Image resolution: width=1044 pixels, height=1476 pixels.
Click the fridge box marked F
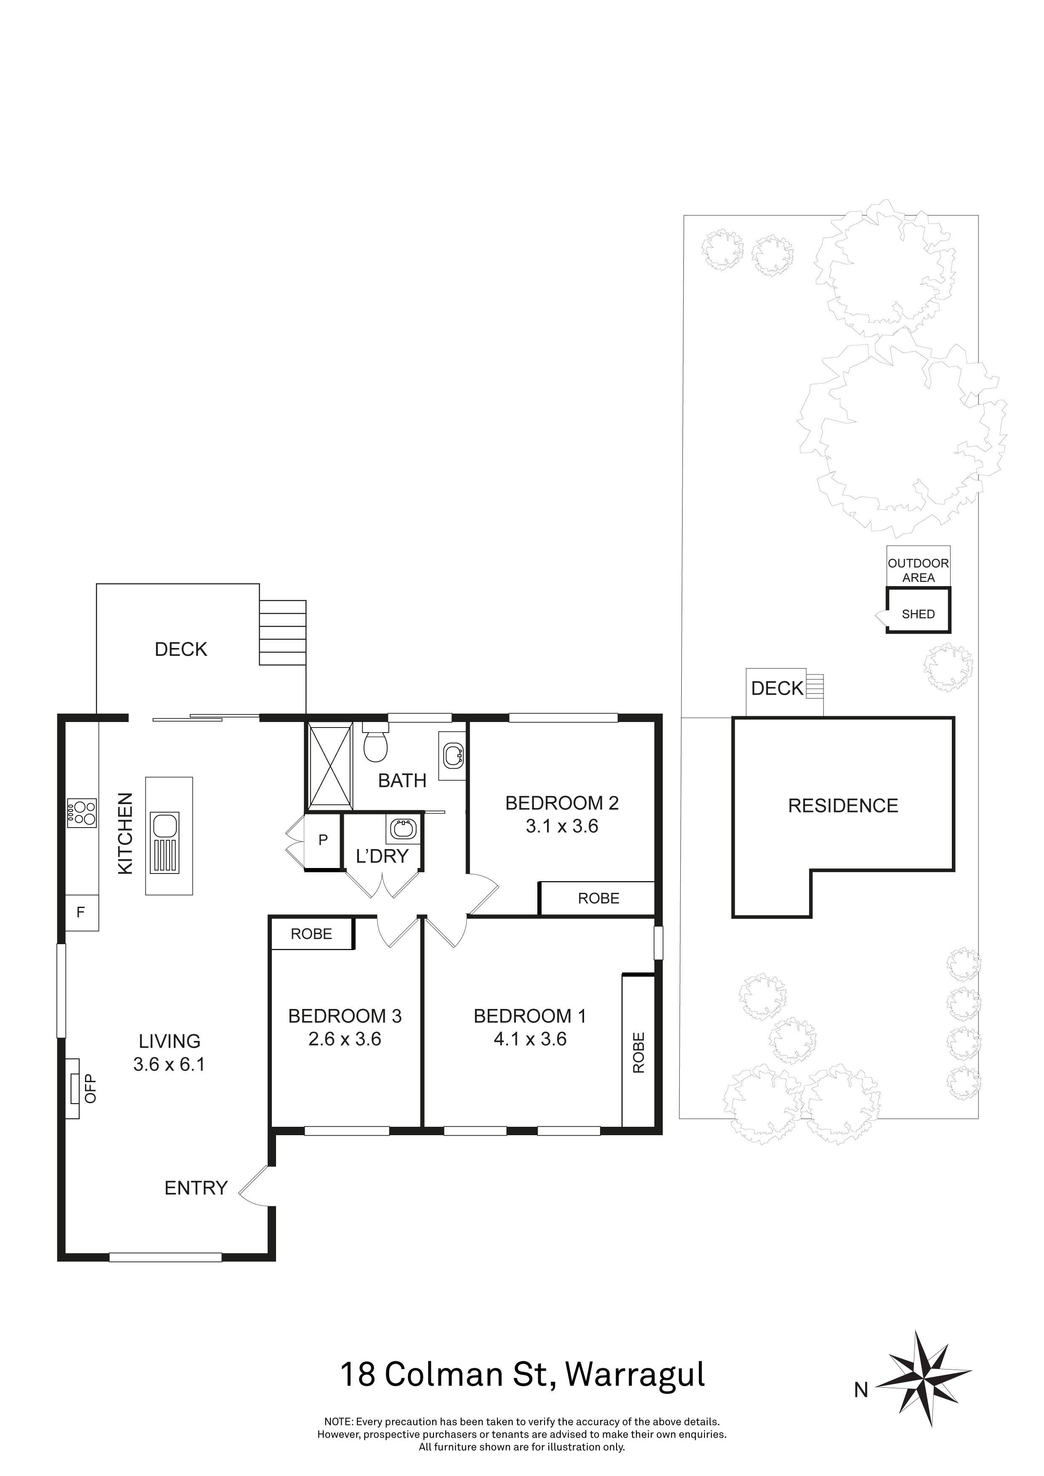coord(81,912)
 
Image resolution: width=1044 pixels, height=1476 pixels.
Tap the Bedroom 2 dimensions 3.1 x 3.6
coord(562,826)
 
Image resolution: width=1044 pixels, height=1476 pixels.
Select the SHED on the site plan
coord(918,614)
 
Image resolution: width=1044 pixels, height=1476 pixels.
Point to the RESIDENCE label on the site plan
coord(843,805)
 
